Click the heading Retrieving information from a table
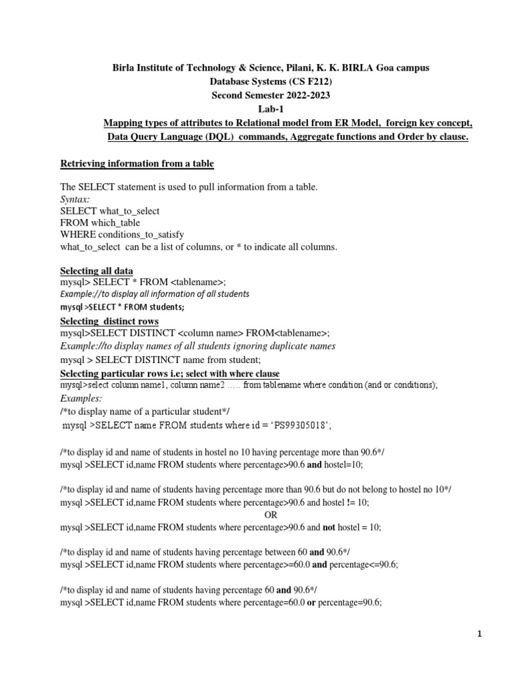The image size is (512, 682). [x=137, y=163]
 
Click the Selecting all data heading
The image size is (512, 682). [x=97, y=270]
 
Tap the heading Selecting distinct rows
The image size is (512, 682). [x=107, y=322]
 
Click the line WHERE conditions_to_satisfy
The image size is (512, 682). [x=121, y=235]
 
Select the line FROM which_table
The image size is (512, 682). [x=100, y=223]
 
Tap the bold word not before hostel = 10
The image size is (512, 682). [x=329, y=527]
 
